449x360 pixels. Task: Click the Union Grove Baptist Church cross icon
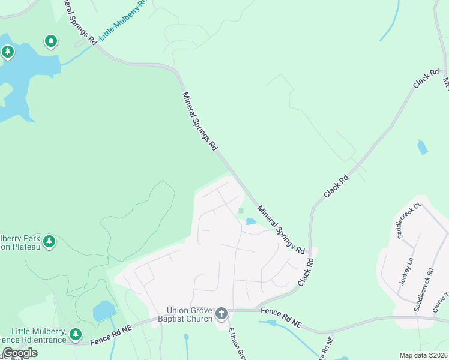(221, 313)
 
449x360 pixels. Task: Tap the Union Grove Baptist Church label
(190, 314)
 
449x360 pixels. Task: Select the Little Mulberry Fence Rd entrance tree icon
(75, 334)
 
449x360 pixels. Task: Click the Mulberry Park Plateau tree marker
(49, 242)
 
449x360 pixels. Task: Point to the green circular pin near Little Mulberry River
(52, 41)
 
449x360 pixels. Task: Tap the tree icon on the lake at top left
(7, 52)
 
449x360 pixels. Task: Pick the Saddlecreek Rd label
(423, 290)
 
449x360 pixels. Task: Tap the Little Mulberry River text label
(123, 20)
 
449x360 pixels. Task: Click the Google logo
(19, 353)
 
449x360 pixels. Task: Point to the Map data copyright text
(424, 355)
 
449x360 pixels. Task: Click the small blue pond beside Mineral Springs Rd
(250, 222)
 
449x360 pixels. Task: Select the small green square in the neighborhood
(241, 211)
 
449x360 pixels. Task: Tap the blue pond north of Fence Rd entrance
(104, 311)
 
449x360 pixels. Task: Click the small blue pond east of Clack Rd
(423, 146)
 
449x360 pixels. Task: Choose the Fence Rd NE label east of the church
(281, 316)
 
